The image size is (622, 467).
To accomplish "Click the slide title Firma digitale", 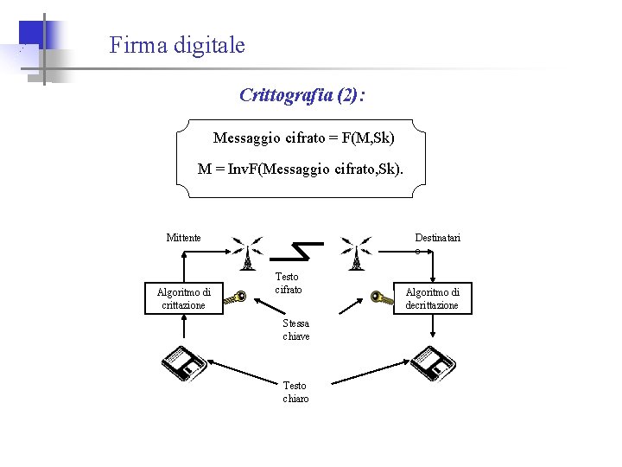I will tap(177, 45).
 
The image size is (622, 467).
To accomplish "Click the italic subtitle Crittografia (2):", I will tap(301, 95).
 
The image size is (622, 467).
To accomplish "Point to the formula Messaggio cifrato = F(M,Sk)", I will tap(303, 138).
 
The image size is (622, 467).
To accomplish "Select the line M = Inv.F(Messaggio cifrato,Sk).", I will tap(300, 169).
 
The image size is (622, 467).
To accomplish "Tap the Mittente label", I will tap(183, 238).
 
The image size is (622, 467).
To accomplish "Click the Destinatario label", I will tap(437, 238).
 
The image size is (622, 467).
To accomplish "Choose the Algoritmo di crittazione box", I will tap(183, 298).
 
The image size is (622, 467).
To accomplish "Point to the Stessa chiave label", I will tap(295, 329).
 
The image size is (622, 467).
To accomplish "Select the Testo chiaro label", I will tap(295, 392).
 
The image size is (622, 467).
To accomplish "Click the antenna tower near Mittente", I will tap(247, 253).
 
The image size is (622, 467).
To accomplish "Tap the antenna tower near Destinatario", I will tap(355, 253).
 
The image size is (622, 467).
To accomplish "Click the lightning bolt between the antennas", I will tap(299, 250).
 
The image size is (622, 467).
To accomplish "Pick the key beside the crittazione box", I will tap(236, 298).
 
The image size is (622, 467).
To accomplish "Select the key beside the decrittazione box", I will tap(381, 297).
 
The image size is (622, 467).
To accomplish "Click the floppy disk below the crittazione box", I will tap(185, 363).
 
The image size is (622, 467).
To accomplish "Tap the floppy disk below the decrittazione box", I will tap(432, 364).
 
